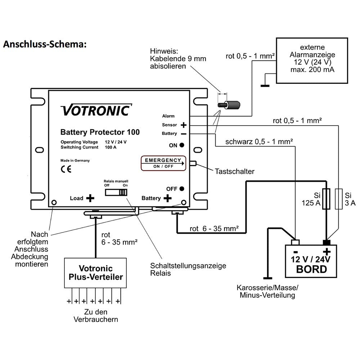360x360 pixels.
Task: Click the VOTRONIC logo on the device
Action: (x=96, y=110)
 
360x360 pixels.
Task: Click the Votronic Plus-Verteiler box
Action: (x=95, y=273)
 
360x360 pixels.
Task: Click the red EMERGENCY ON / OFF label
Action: (x=163, y=163)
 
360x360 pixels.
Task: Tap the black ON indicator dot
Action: (x=182, y=145)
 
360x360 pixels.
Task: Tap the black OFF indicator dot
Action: (x=183, y=188)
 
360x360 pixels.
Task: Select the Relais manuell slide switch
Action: (x=116, y=192)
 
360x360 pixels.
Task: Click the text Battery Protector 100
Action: (x=100, y=132)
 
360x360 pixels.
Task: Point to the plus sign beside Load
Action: (x=90, y=198)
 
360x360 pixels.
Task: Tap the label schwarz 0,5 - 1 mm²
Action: (x=259, y=141)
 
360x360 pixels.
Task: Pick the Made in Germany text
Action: (x=75, y=161)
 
